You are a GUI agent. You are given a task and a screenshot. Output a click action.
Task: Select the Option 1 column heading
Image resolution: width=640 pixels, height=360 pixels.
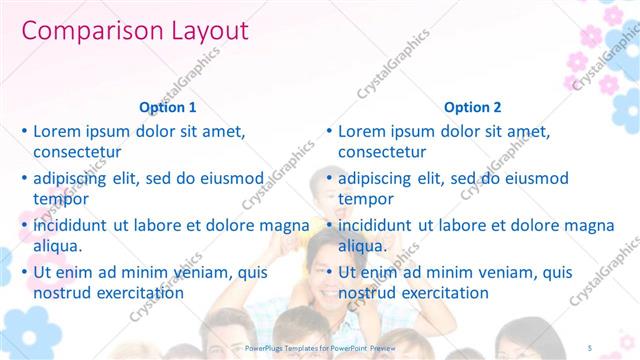point(168,107)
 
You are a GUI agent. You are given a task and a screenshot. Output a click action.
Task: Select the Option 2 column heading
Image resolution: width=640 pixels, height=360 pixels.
point(473,107)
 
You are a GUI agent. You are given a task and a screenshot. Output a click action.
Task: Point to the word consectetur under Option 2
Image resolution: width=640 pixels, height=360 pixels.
point(382,152)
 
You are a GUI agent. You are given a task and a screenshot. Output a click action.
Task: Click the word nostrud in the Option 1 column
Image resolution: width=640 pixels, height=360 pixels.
point(65,293)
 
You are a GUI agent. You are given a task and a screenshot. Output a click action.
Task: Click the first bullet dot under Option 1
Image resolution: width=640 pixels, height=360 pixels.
point(24,131)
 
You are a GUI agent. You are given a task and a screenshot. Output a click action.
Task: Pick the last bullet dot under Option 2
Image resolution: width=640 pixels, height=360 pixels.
point(329,272)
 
